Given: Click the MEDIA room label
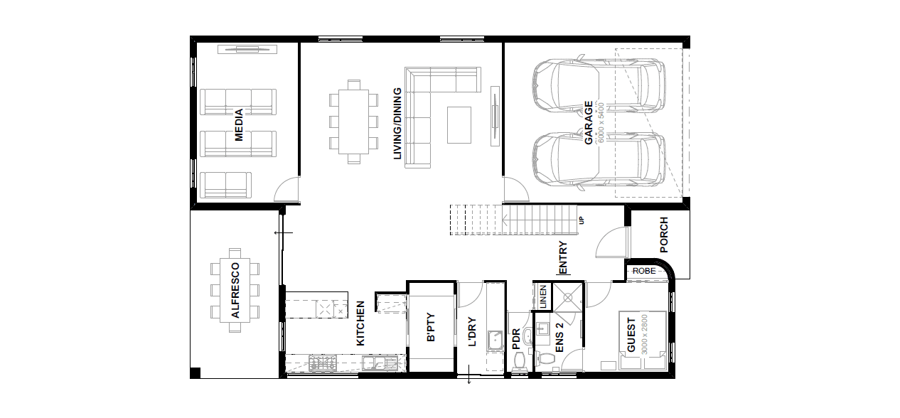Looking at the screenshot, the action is point(239,124).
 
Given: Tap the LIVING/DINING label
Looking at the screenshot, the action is point(397,124).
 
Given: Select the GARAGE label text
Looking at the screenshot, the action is point(589,122).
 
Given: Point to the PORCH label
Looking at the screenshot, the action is point(664,235).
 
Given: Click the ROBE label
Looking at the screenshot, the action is point(644,272).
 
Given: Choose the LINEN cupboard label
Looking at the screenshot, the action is point(543,296).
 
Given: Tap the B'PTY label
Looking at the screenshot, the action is point(431,327).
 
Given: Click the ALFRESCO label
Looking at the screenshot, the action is point(235,290).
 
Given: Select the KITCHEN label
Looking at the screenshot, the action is point(360,323).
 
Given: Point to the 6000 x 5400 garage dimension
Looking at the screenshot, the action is point(601,122).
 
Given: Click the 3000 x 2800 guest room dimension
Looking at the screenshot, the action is point(644,334).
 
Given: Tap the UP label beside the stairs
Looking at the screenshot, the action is point(582,220).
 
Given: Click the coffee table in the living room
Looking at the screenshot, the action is point(459,125).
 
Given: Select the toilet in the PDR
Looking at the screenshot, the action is point(519,360).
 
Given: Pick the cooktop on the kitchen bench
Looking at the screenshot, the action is point(323,363).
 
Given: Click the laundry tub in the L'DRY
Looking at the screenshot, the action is point(495,341).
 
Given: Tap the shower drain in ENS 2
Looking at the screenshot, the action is point(568,298).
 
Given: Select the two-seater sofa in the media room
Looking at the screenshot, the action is point(226,186).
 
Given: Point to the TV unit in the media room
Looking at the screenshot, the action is point(247,50).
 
